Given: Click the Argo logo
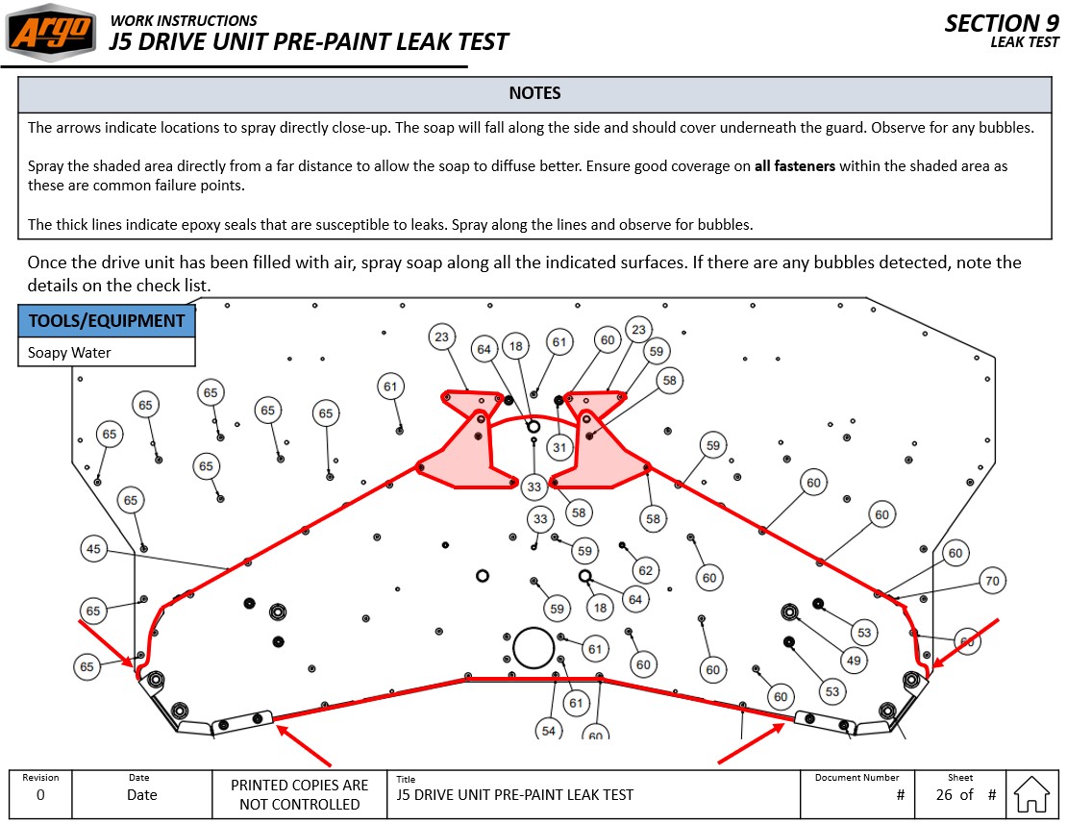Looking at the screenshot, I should pos(51,33).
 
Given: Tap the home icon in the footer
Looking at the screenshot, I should pos(1031,794).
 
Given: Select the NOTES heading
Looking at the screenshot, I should pos(534,93).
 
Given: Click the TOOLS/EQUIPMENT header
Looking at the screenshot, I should pos(107,321).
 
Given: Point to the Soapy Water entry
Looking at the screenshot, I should pos(69,353).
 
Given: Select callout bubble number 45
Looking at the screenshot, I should pos(93,549).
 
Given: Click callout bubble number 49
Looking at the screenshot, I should pos(853,660).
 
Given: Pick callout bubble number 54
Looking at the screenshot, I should pos(548,730).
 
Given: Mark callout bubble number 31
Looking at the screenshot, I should pos(559,447).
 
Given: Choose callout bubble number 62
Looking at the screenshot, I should pos(645,570).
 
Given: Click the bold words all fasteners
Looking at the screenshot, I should pos(795,165).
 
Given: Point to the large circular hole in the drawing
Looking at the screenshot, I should pos(533,647).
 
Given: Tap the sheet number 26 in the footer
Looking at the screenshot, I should pos(944,794).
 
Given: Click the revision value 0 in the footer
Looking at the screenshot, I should pos(40,795).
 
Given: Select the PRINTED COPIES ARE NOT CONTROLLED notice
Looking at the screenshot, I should pos(299,794).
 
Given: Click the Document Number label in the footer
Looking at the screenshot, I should pos(856,777).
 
